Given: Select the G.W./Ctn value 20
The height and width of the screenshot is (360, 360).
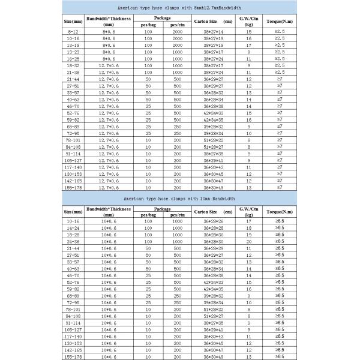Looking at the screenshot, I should click(x=248, y=241).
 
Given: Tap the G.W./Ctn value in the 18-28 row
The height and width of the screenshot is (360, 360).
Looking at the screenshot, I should click(x=248, y=235).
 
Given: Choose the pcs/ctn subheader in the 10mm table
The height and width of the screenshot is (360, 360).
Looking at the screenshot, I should click(x=177, y=215).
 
